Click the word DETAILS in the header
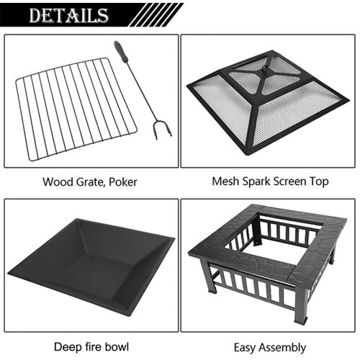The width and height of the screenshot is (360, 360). click(69, 15)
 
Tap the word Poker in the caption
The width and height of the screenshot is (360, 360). click(122, 181)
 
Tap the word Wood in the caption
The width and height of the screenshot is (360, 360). click(57, 181)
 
